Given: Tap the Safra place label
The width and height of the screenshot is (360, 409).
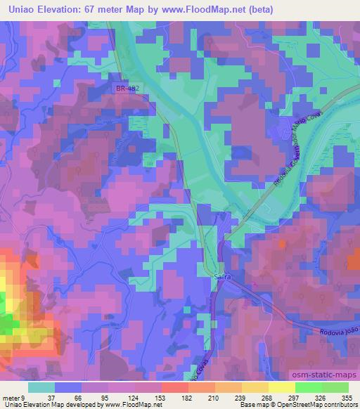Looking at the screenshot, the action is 221,277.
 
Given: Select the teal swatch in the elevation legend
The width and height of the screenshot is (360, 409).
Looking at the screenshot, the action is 41,387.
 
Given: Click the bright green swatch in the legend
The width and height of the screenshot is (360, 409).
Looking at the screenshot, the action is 308,387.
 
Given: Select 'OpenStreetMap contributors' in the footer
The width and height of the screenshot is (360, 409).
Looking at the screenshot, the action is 321,405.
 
